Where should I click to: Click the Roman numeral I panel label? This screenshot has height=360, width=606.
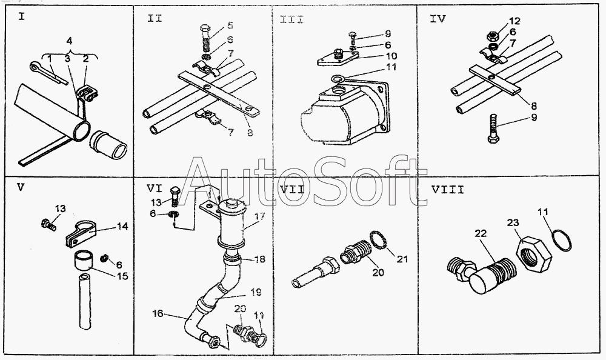pyautogui.click(x=22, y=16)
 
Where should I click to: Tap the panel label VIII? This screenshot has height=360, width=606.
pyautogui.click(x=447, y=189)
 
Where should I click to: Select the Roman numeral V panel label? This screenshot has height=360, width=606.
pyautogui.click(x=21, y=187)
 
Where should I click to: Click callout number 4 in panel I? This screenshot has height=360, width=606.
pyautogui.click(x=70, y=41)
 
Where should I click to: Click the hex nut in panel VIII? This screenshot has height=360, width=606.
pyautogui.click(x=532, y=248)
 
